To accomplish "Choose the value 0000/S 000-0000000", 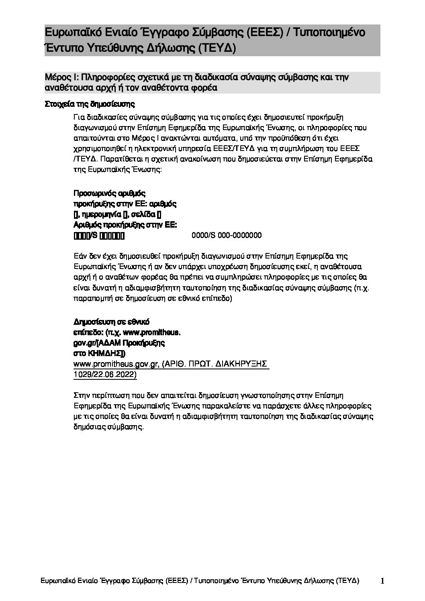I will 227,235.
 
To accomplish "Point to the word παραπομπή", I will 92,299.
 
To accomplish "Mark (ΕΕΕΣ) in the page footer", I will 176,581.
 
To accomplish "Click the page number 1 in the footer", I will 382,581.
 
